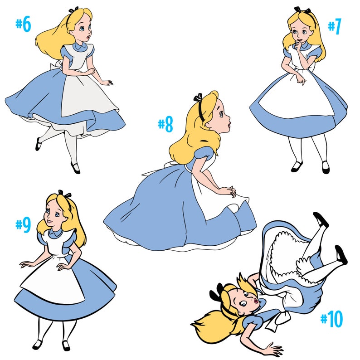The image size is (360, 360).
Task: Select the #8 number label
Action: (x=165, y=125)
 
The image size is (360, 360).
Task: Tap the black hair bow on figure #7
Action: (x=298, y=10)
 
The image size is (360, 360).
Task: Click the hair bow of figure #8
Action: (x=198, y=97)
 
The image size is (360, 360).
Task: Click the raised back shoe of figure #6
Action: (x=38, y=144)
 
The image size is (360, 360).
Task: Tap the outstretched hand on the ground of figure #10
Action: (x=271, y=349)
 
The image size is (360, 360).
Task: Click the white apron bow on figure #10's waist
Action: (x=274, y=320)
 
